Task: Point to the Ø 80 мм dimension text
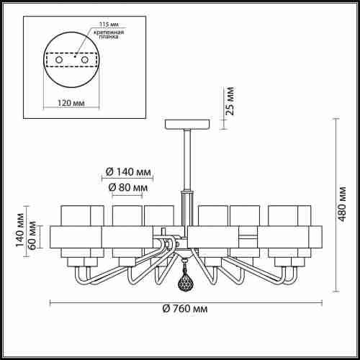point(128,188)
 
